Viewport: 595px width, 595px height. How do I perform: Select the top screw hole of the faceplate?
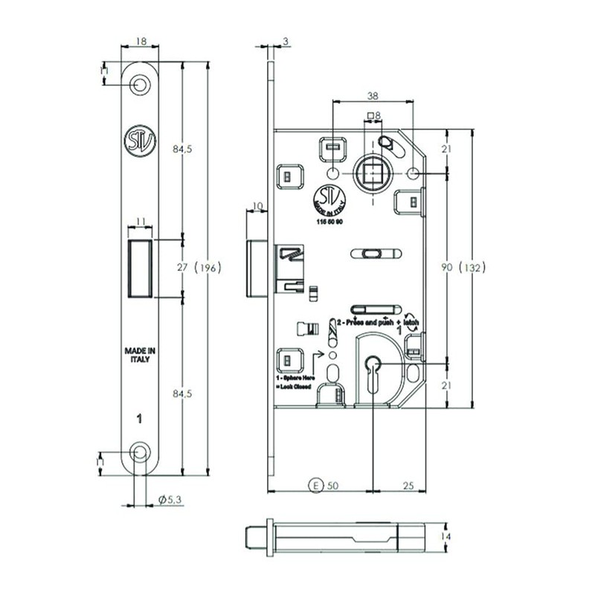tap(140, 86)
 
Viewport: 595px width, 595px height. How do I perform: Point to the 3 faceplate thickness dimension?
tap(286, 43)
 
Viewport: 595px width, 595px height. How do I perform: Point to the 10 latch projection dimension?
tap(258, 205)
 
